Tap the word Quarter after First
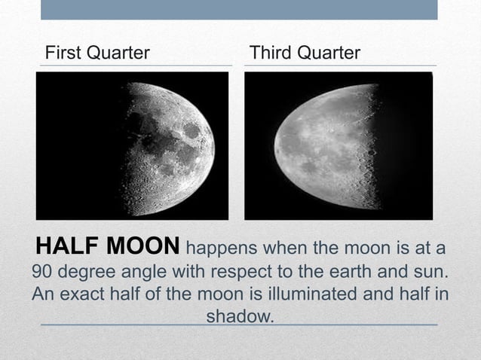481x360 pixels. click(116, 53)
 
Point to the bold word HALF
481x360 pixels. click(65, 246)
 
